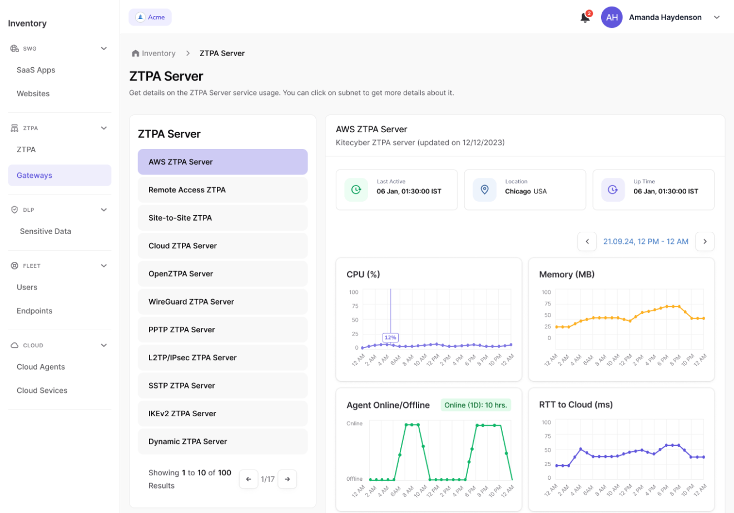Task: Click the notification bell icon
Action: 585,18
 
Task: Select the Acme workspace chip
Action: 150,17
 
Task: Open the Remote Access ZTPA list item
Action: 222,190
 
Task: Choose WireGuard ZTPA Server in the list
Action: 222,302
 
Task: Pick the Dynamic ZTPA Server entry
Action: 222,442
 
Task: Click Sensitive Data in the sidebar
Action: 46,231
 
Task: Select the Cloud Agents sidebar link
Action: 41,367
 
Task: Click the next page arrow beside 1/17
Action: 287,479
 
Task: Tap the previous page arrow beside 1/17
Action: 249,479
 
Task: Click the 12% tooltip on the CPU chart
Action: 390,337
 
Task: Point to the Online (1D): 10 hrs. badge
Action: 475,405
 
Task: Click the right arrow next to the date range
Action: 705,242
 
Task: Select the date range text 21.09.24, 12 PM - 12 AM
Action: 646,242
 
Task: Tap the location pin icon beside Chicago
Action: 484,190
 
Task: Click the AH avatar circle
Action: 612,18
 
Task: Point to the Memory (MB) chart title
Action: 567,275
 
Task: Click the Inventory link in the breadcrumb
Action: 158,53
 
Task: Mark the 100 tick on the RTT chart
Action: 547,422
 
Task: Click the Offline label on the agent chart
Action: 354,479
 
